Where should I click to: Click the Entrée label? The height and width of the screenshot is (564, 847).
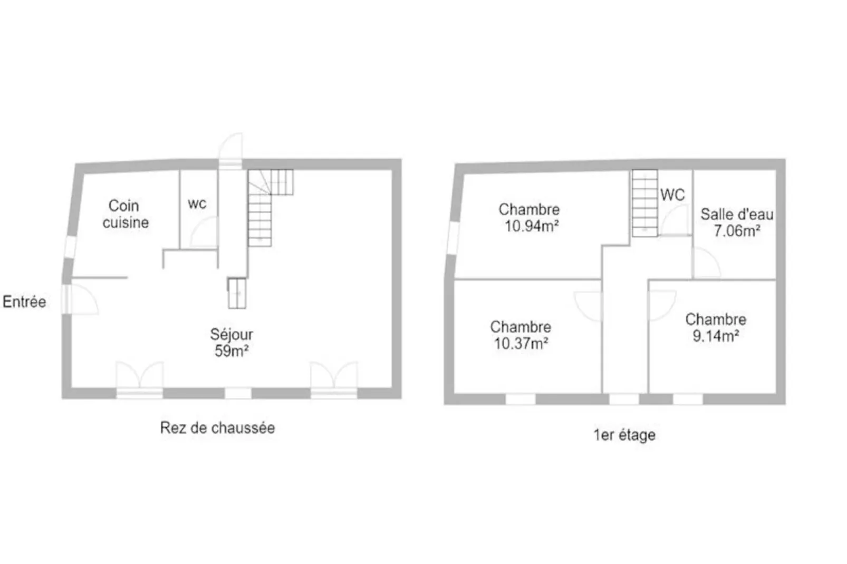(x=24, y=302)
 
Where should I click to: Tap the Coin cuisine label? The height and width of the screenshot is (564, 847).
(x=125, y=214)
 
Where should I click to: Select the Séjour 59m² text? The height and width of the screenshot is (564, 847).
(x=232, y=343)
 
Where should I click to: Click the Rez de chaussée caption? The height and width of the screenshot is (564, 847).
(x=217, y=427)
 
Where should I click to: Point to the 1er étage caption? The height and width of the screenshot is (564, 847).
(x=624, y=435)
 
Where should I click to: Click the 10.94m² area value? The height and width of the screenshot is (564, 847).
(x=532, y=227)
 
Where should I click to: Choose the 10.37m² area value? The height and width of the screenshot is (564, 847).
(x=521, y=344)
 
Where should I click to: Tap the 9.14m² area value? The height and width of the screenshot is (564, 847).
(x=716, y=336)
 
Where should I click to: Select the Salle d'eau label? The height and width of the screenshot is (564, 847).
(x=737, y=214)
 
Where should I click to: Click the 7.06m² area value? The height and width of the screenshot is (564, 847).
(x=737, y=231)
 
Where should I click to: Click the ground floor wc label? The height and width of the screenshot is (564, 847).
(x=197, y=203)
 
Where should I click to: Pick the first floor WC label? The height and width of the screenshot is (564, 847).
(x=672, y=195)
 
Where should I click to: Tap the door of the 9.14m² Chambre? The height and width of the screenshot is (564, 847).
(x=661, y=306)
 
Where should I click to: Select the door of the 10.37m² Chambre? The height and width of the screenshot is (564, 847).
(x=588, y=306)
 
